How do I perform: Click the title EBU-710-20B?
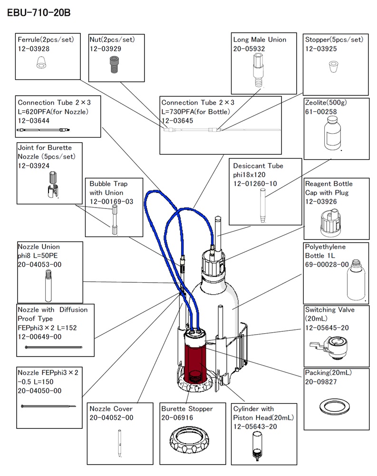click(x=39, y=13)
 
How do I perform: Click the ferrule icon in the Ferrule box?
click(x=41, y=63)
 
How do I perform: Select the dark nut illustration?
click(x=114, y=65)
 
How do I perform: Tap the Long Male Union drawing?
click(x=258, y=70)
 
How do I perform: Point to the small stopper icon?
click(x=333, y=67)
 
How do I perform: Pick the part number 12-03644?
click(x=33, y=120)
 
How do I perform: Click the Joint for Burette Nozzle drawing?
click(x=53, y=185)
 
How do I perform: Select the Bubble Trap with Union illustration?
click(x=115, y=219)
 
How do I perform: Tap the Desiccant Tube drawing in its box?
click(x=262, y=206)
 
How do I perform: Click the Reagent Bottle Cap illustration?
click(x=330, y=223)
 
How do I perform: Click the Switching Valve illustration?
click(x=329, y=347)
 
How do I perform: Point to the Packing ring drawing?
click(x=335, y=407)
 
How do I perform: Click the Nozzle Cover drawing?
click(x=119, y=443)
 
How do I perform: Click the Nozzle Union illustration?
click(x=48, y=286)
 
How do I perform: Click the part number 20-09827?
click(x=321, y=382)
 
